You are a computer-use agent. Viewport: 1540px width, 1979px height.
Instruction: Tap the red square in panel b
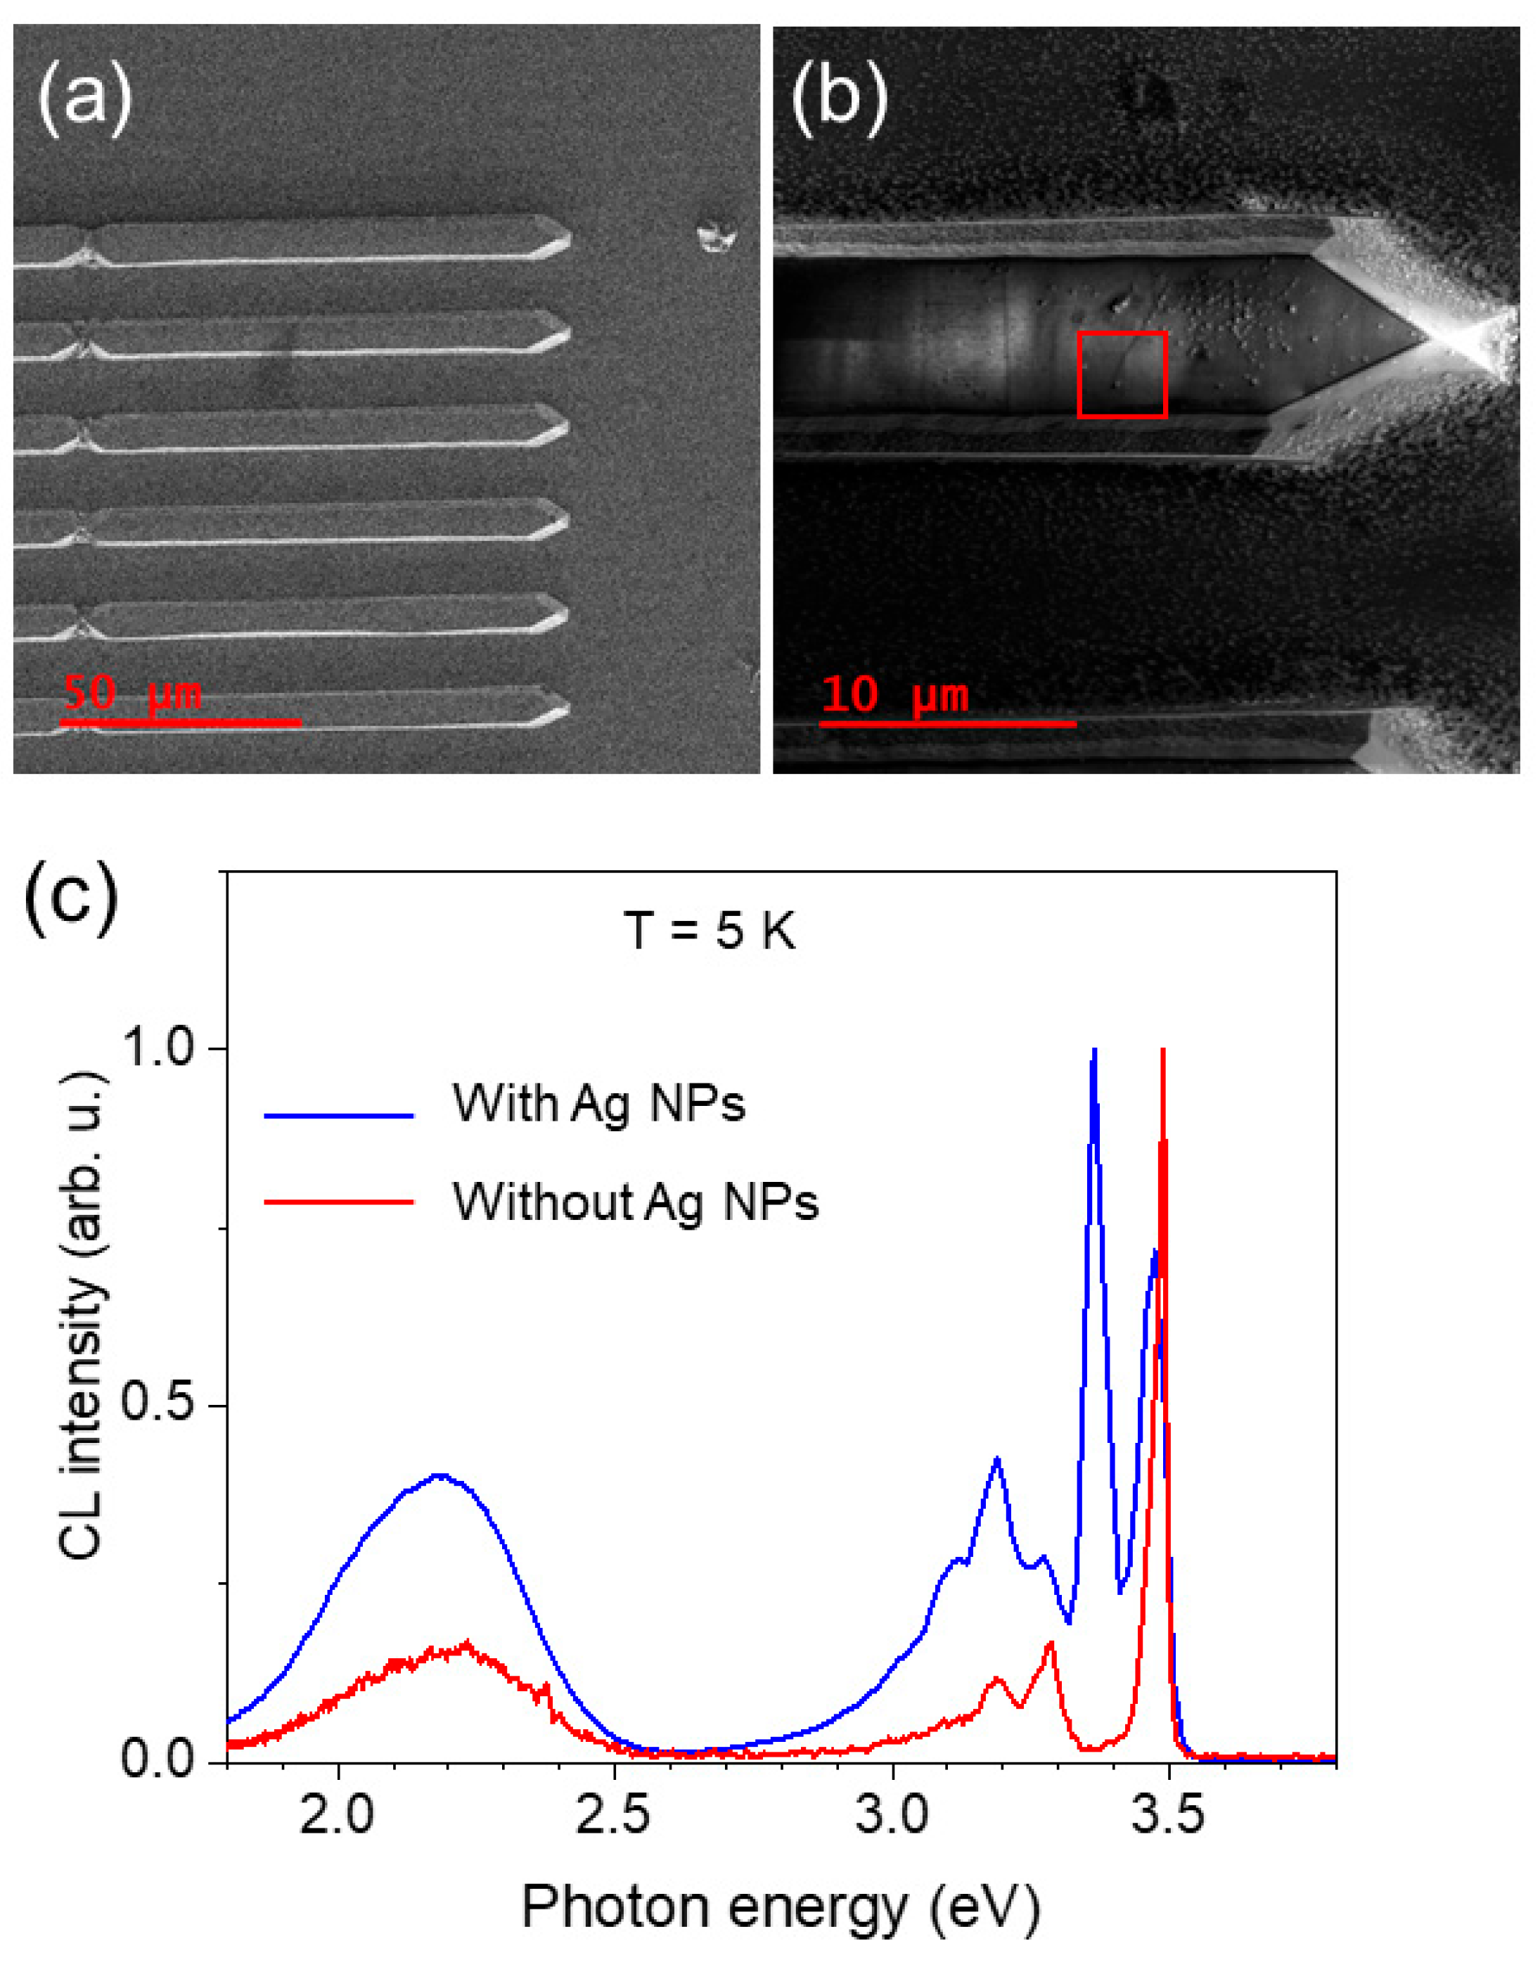coord(1122,374)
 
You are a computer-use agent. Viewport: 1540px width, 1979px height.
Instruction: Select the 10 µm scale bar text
coord(894,695)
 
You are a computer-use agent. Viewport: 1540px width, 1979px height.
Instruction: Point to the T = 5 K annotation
coord(710,931)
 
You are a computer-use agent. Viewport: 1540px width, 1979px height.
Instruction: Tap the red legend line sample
coord(339,1202)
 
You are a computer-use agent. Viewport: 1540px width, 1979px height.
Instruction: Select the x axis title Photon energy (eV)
coord(781,1907)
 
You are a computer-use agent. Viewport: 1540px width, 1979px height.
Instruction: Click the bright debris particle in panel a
coord(716,237)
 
